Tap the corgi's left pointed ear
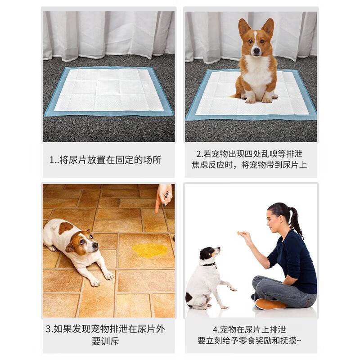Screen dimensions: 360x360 [244, 28]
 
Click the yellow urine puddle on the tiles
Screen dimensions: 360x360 [149, 250]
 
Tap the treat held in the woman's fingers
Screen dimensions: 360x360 [238, 233]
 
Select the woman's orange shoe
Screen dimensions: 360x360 [270, 304]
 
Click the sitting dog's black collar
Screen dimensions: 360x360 [208, 264]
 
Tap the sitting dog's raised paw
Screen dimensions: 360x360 [232, 288]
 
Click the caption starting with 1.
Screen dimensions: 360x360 [105, 160]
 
